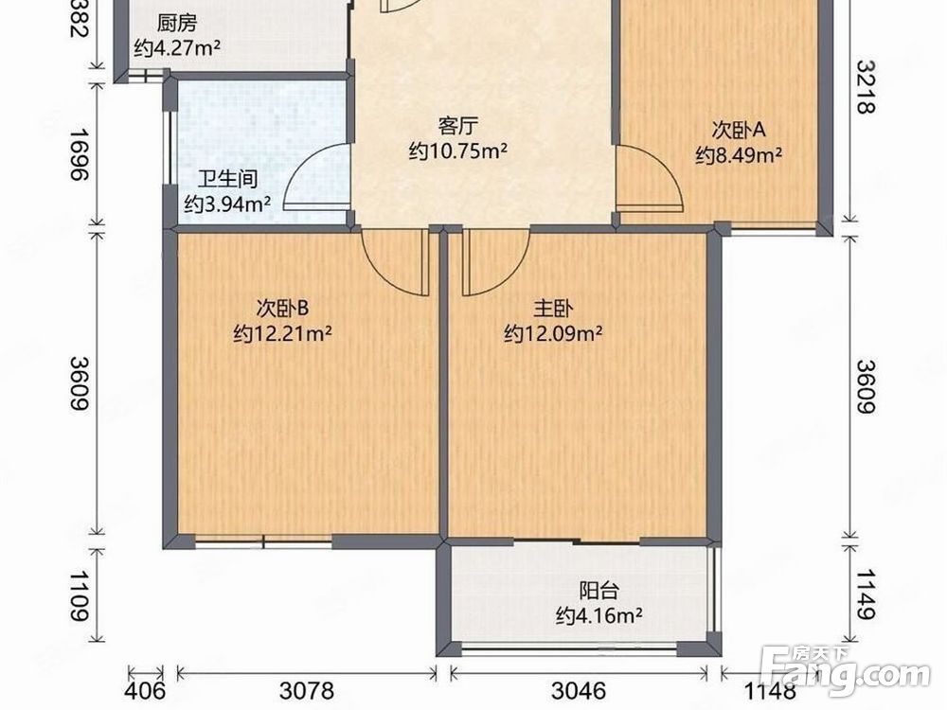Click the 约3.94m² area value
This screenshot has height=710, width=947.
coord(227,203)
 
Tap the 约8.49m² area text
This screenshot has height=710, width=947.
coord(738,155)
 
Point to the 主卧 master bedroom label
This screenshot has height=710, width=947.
coord(553,308)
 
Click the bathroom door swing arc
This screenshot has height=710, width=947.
coord(313,175)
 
